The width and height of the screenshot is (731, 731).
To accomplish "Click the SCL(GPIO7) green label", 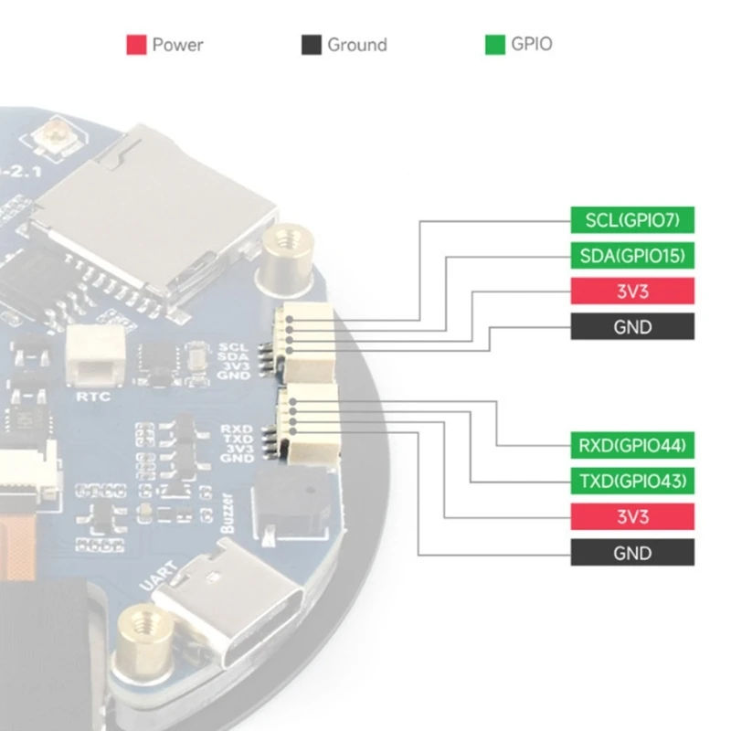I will [632, 219].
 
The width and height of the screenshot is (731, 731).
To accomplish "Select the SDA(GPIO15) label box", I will [632, 255].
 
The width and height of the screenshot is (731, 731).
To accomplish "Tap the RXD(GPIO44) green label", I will [632, 445].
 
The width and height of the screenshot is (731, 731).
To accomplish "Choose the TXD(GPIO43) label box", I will [632, 481].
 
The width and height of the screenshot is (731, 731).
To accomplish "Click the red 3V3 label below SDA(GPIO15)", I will [632, 291].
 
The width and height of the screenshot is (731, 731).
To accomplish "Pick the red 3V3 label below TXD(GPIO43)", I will [632, 516].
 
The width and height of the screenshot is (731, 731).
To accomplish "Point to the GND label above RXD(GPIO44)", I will [632, 326].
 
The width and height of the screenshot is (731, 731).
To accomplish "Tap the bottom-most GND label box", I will [632, 552].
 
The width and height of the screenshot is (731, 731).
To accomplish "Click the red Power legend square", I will [136, 45].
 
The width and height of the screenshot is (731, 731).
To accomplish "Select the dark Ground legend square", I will [312, 45].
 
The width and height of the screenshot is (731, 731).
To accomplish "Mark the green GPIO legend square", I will [494, 45].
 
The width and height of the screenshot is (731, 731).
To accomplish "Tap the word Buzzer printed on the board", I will [229, 517].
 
